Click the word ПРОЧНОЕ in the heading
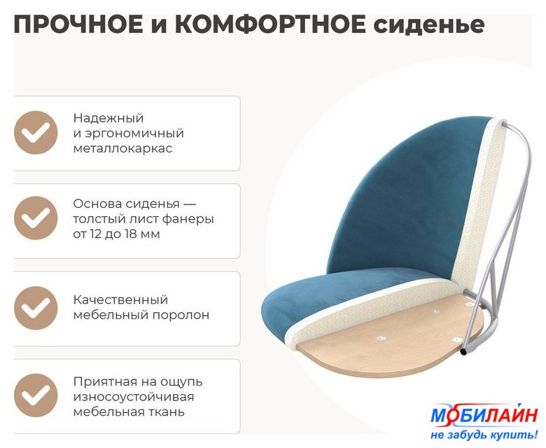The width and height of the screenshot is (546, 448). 78,24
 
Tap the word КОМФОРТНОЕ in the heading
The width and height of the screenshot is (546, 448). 270,24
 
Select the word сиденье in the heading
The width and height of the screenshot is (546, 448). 429,25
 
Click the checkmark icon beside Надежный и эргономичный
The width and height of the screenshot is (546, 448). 36,132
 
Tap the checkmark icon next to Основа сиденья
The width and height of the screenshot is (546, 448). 36,218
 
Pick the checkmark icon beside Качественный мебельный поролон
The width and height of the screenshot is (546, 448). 36,308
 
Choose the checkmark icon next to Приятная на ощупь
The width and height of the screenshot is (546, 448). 36,395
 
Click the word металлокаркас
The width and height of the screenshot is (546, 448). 122,148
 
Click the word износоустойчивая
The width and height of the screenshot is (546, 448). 134,397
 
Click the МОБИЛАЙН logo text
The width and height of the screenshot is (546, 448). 484,415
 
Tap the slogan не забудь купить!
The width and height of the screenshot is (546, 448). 484,435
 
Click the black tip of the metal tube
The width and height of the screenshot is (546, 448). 464,353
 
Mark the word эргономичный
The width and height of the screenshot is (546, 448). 133,134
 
